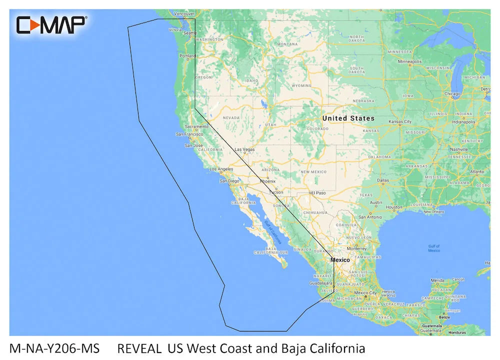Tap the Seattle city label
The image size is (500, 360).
(190, 33)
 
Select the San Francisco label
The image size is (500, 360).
(189, 134)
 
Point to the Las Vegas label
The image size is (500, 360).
(244, 149)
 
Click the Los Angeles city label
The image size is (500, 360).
(221, 169)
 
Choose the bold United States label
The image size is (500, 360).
(348, 118)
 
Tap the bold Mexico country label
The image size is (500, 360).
(340, 260)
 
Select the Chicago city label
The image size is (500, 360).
(452, 93)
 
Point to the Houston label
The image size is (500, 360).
(394, 207)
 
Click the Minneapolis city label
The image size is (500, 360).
(409, 61)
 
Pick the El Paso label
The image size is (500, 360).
(318, 192)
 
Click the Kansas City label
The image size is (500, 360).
(400, 121)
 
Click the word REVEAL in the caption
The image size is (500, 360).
(139, 348)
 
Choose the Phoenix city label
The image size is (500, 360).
(267, 182)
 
